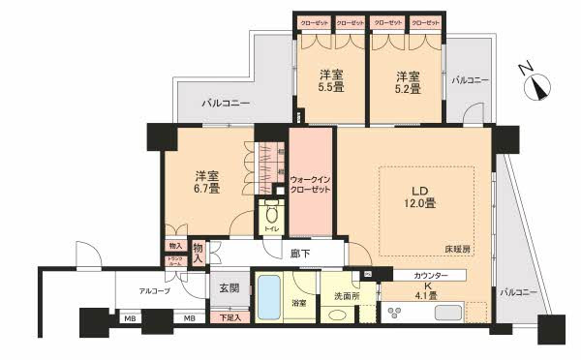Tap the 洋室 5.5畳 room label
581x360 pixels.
pyautogui.click(x=331, y=81)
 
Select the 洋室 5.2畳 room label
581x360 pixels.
pyautogui.click(x=407, y=81)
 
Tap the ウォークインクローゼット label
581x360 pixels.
pyautogui.click(x=312, y=183)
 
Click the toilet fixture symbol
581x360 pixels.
pyautogui.click(x=271, y=215)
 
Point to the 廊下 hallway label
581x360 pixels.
pyautogui.click(x=300, y=253)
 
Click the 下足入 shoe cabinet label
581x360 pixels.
pyautogui.click(x=229, y=316)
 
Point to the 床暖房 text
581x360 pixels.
pyautogui.click(x=473, y=250)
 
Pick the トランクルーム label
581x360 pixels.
pyautogui.click(x=174, y=261)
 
